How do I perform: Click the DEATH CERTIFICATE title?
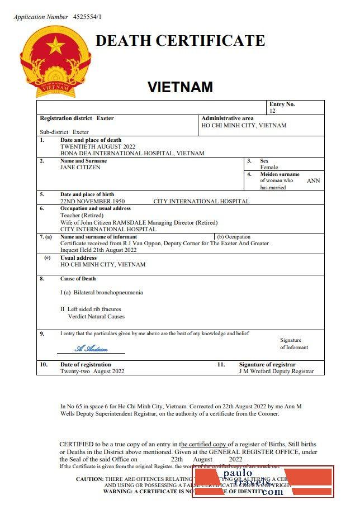[x=180, y=41]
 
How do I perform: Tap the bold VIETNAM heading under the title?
[x=180, y=87]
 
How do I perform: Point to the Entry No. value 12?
[x=272, y=111]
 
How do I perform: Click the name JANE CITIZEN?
[x=80, y=167]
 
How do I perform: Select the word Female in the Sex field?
[x=269, y=167]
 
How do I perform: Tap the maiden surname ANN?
[x=314, y=180]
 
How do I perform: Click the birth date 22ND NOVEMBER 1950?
[x=92, y=201]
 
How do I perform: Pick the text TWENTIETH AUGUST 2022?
[x=98, y=146]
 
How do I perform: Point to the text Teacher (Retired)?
[x=82, y=215]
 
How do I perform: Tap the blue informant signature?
[x=91, y=349]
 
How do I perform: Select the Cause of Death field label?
[x=78, y=279]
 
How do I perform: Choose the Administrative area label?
[x=228, y=118]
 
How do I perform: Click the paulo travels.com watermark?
[x=263, y=482]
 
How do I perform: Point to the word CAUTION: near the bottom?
[x=89, y=479]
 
